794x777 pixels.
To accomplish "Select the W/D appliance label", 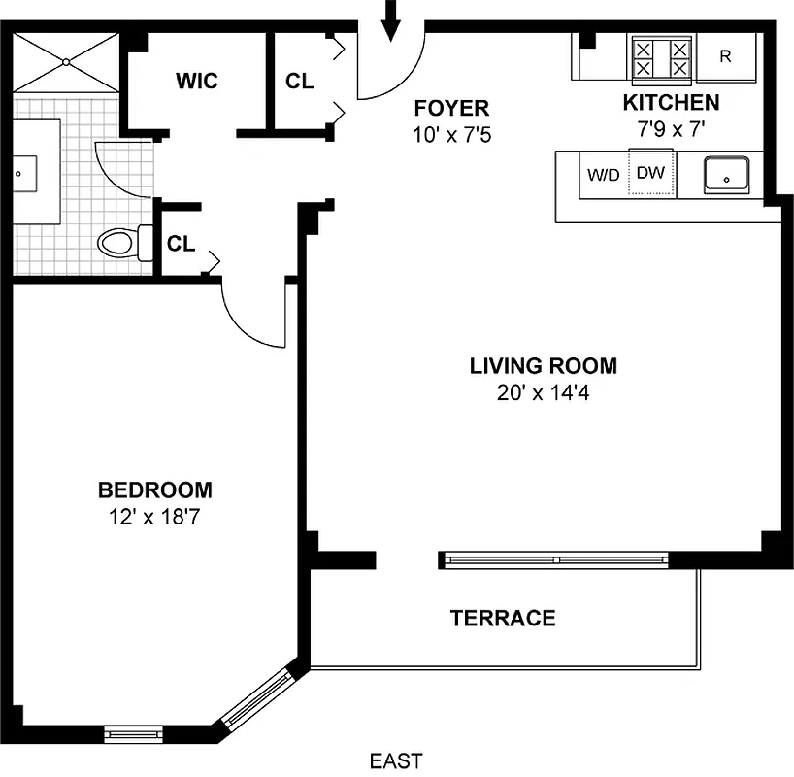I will pyautogui.click(x=604, y=176).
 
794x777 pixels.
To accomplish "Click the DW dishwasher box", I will pyautogui.click(x=649, y=174).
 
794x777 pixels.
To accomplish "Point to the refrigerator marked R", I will pyautogui.click(x=725, y=56).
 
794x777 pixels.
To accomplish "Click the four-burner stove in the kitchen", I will pyautogui.click(x=662, y=58).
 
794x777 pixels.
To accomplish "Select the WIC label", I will pyautogui.click(x=197, y=81).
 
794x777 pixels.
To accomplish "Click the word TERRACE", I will pyautogui.click(x=503, y=619).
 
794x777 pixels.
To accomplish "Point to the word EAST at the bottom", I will pyautogui.click(x=396, y=760).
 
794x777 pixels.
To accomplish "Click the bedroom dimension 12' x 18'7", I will pyautogui.click(x=155, y=517).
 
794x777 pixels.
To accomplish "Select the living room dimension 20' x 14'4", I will pyautogui.click(x=543, y=393).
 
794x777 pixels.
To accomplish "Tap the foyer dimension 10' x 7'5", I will pyautogui.click(x=451, y=134).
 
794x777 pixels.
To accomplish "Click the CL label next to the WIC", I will pyautogui.click(x=300, y=82).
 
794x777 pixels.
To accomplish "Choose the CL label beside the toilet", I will pyautogui.click(x=181, y=244).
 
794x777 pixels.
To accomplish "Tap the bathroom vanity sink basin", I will pyautogui.click(x=20, y=173).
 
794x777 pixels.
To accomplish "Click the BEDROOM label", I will pyautogui.click(x=155, y=490).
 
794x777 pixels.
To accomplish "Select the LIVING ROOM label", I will pyautogui.click(x=543, y=366).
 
